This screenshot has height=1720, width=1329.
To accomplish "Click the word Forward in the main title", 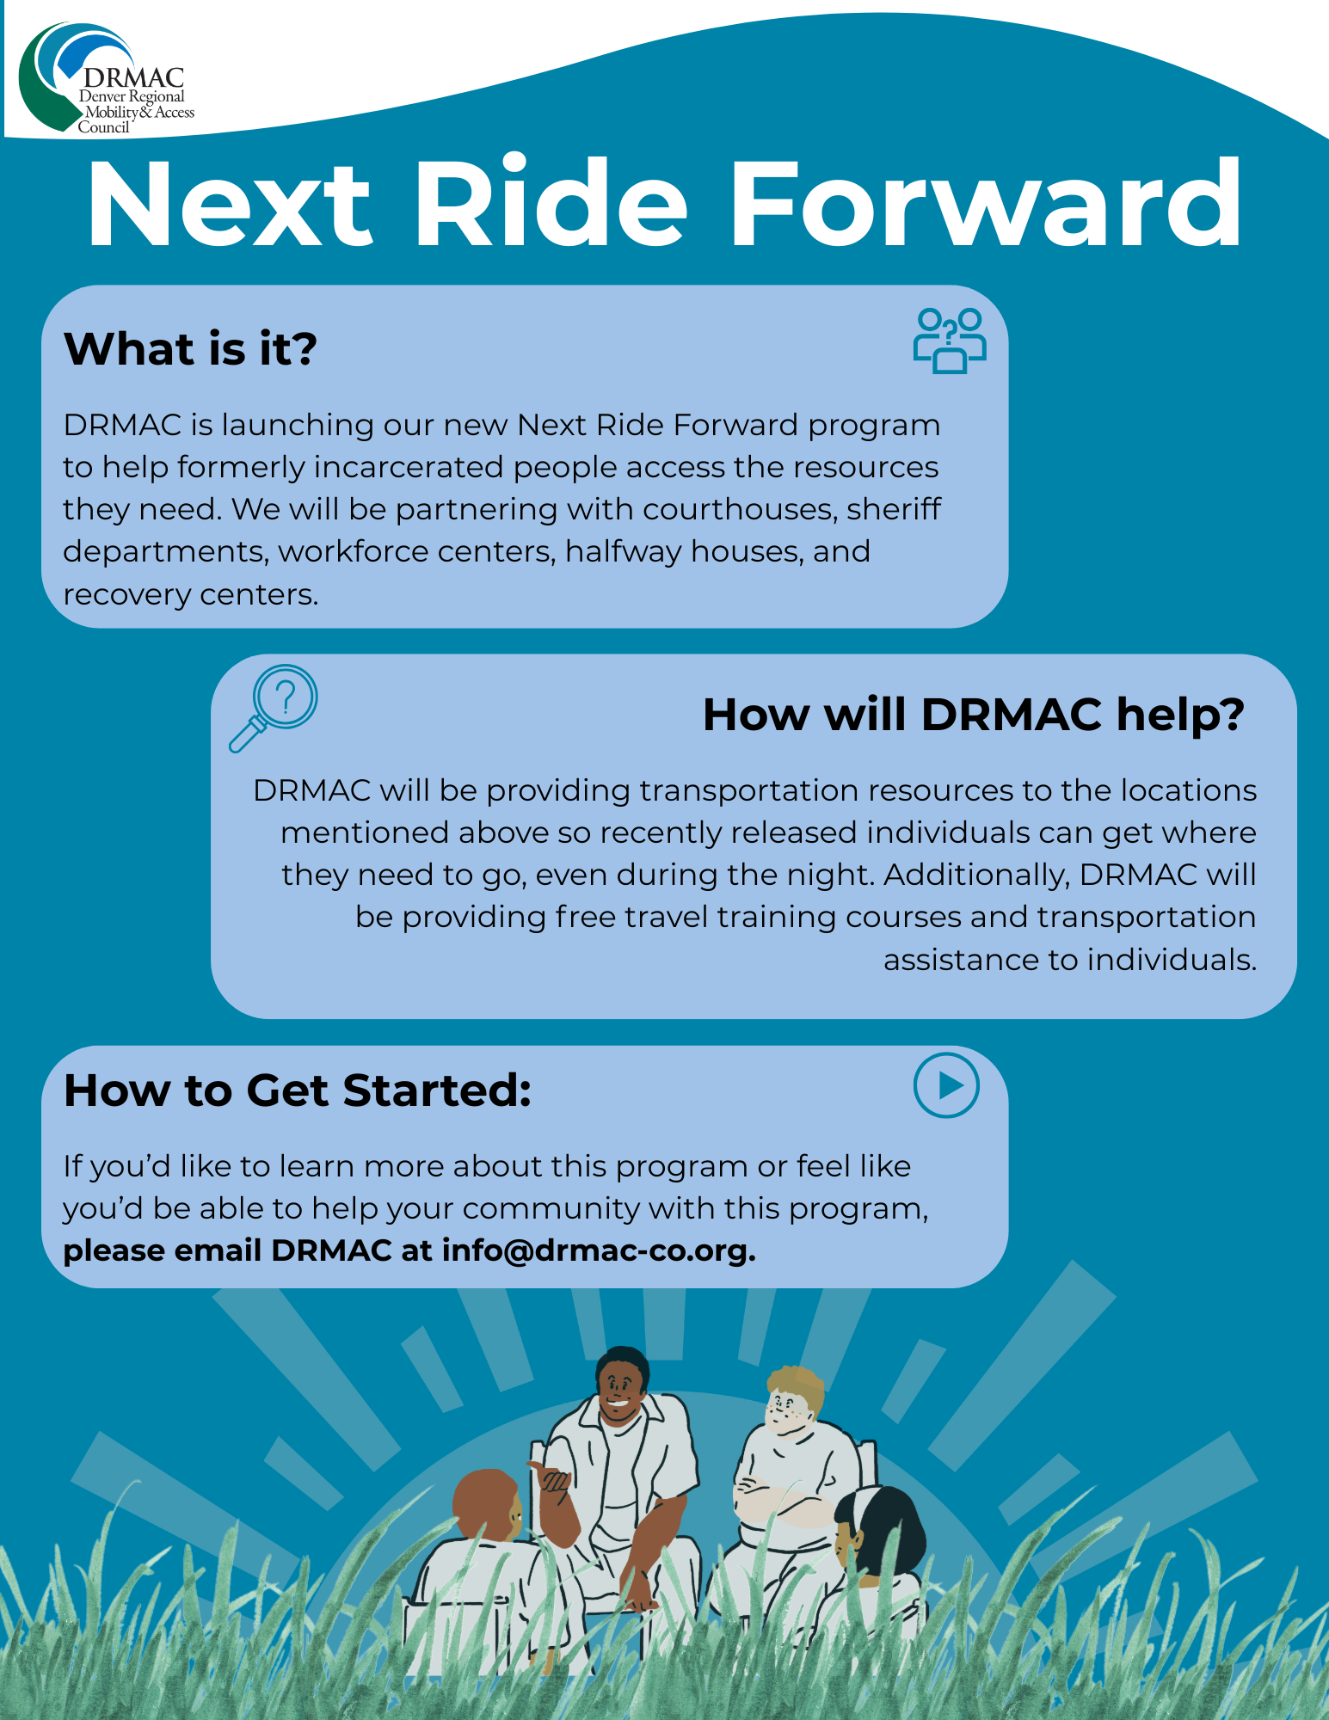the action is click(986, 204).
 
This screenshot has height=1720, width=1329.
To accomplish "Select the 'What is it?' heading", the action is click(190, 349).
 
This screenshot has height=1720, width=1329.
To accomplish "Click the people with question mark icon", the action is click(950, 341).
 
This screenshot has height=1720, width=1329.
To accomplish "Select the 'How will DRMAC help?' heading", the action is click(974, 715).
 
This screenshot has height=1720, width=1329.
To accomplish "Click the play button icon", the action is click(946, 1086).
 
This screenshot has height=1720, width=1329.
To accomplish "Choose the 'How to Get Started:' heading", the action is click(298, 1090).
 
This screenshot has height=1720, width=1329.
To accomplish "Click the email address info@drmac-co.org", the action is click(599, 1250).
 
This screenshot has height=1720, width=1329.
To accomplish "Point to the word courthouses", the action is click(741, 509).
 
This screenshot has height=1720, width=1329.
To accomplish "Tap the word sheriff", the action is click(895, 508).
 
